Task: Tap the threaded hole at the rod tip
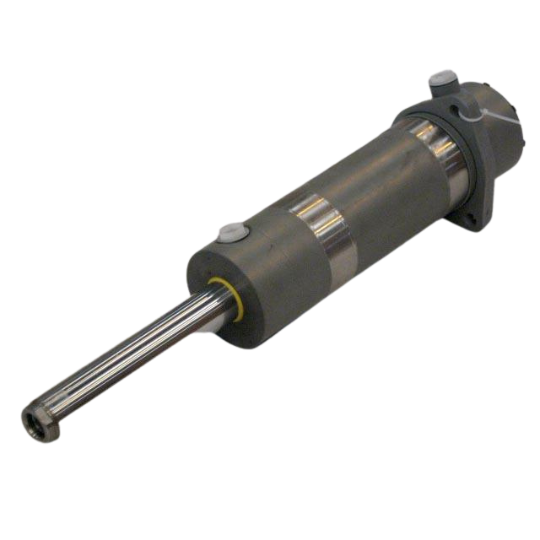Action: [x=33, y=418]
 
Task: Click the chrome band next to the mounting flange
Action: [x=439, y=152]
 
